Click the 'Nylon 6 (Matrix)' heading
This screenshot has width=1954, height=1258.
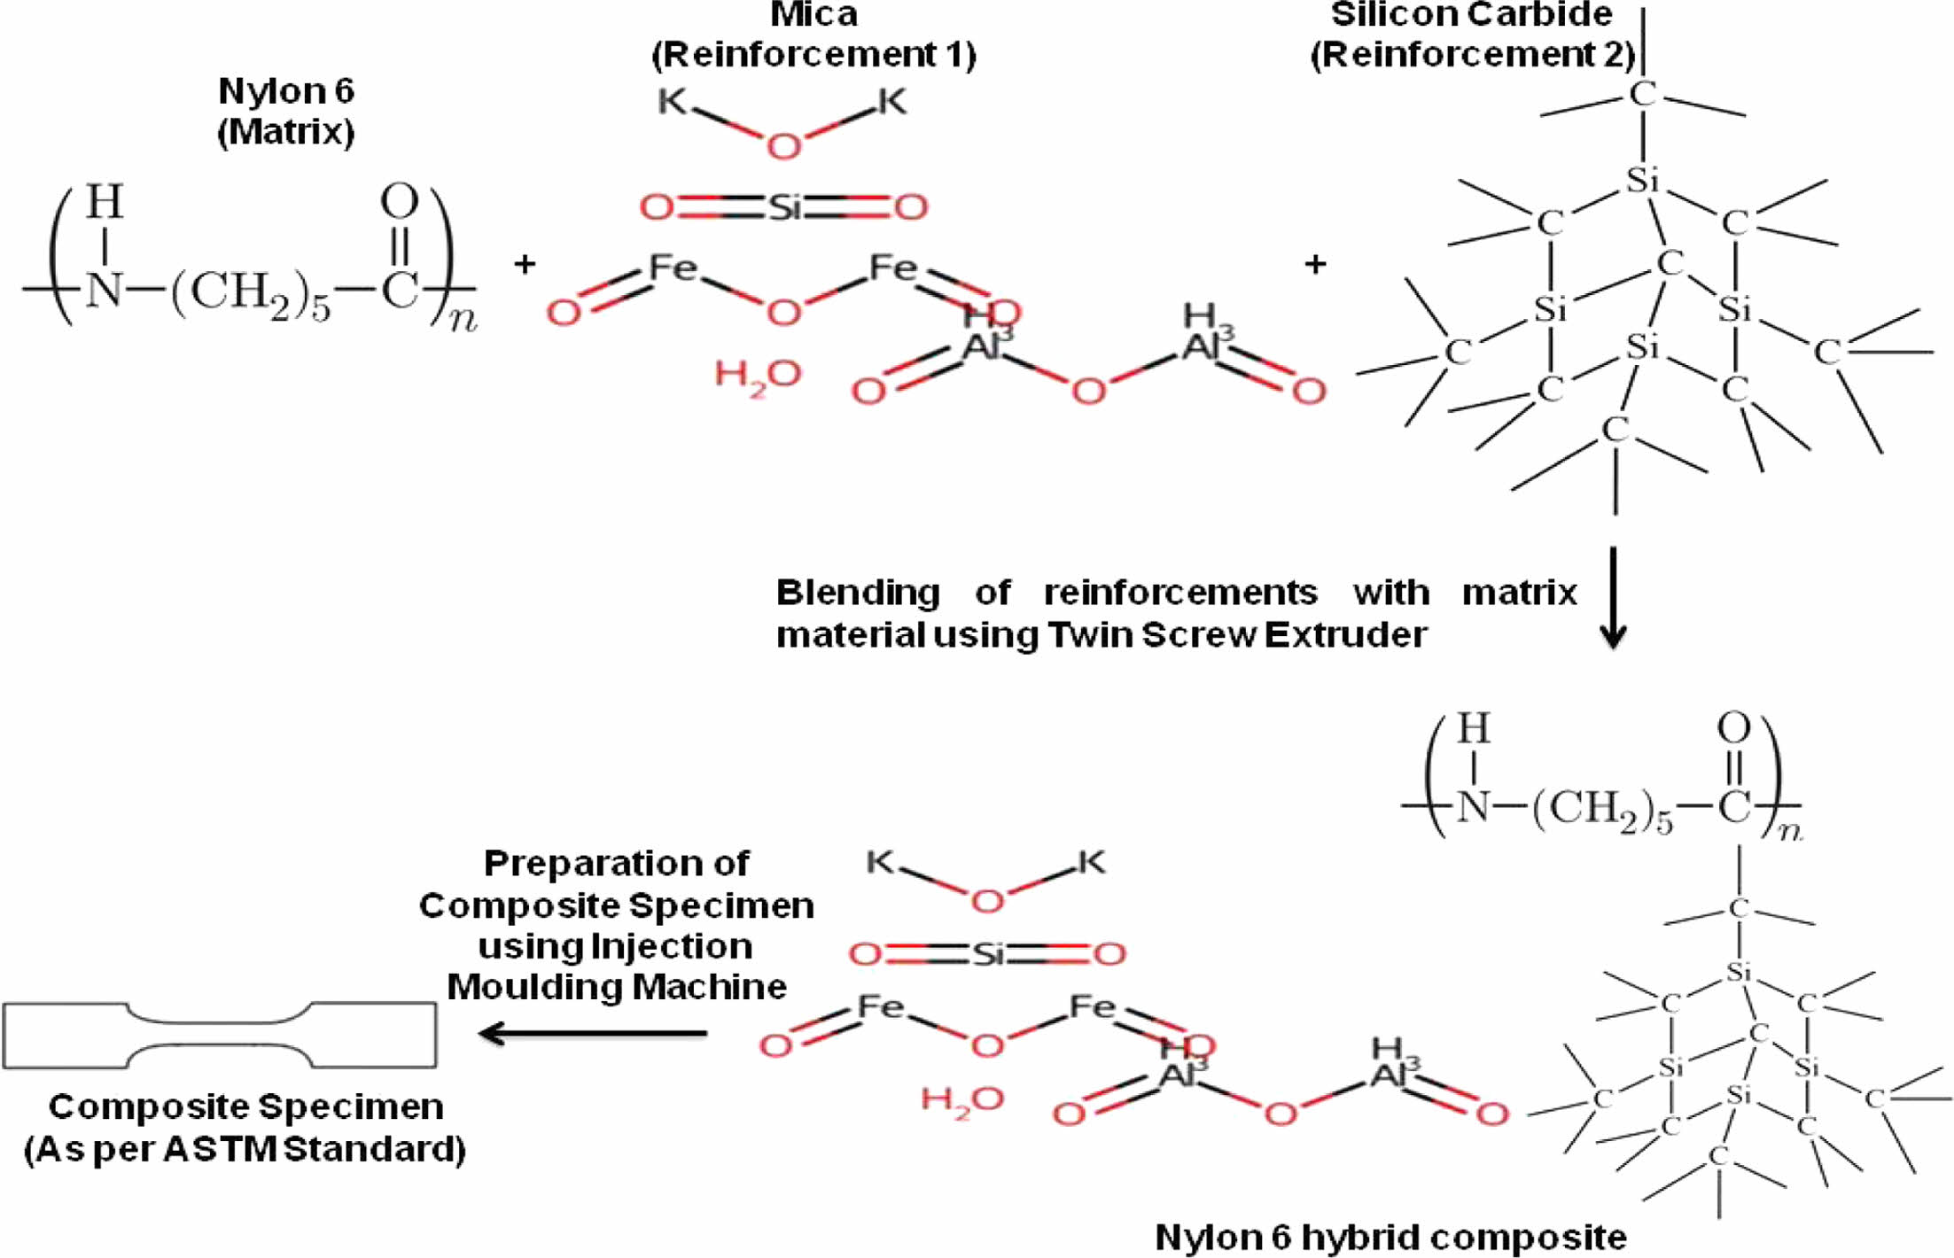coord(285,112)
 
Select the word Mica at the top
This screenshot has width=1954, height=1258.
coord(814,14)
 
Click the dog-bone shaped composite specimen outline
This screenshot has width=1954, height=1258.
coord(220,1035)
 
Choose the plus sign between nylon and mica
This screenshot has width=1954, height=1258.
coord(525,264)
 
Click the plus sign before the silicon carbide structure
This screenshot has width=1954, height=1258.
coord(1316,264)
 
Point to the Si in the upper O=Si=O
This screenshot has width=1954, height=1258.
coord(784,208)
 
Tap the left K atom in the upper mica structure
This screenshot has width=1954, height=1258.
coord(672,102)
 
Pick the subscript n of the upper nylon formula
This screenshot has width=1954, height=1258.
coord(463,319)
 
